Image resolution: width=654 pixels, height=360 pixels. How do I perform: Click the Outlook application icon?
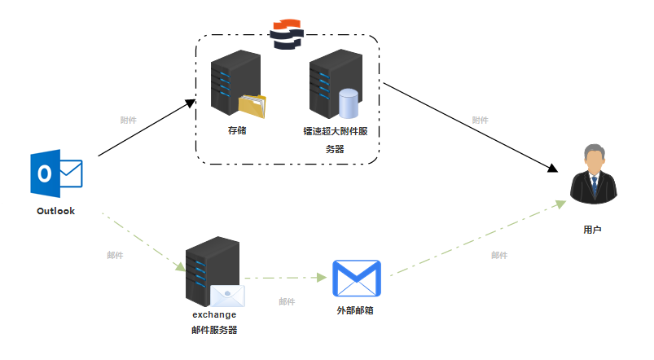pyautogui.click(x=56, y=173)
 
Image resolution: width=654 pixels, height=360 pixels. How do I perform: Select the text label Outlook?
pyautogui.click(x=55, y=211)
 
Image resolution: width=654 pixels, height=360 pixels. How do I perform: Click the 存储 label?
pyautogui.click(x=237, y=130)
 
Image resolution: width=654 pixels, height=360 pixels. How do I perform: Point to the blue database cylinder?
pyautogui.click(x=349, y=103)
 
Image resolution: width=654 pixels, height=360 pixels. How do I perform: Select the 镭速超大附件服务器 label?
pyautogui.click(x=335, y=139)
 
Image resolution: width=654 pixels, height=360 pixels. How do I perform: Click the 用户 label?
pyautogui.click(x=592, y=230)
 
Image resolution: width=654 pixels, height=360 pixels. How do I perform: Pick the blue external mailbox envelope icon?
pyautogui.click(x=357, y=279)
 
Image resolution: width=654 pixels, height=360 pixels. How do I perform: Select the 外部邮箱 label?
pyautogui.click(x=355, y=310)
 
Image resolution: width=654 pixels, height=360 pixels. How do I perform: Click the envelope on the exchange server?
pyautogui.click(x=227, y=296)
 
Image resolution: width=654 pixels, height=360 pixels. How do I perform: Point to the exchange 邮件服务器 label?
pyautogui.click(x=214, y=322)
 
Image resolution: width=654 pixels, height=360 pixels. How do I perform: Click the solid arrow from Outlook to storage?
pyautogui.click(x=147, y=128)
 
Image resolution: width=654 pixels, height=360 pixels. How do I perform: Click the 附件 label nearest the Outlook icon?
pyautogui.click(x=128, y=120)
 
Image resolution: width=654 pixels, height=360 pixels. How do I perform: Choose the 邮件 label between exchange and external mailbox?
pyautogui.click(x=287, y=301)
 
